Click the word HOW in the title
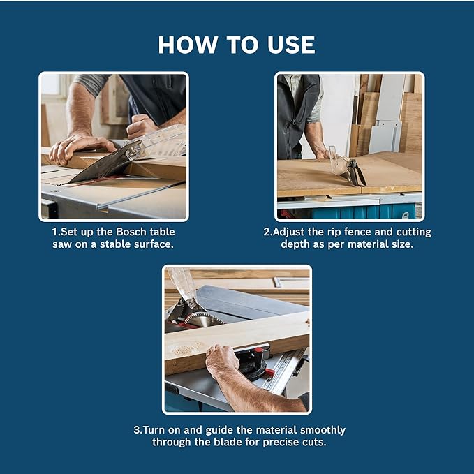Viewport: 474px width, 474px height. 184,45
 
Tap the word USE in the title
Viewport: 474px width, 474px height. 288,45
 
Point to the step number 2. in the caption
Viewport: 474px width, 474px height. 267,232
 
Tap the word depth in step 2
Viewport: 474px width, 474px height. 295,244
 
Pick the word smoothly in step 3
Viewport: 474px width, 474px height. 318,429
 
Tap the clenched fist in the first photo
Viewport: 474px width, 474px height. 140,126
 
